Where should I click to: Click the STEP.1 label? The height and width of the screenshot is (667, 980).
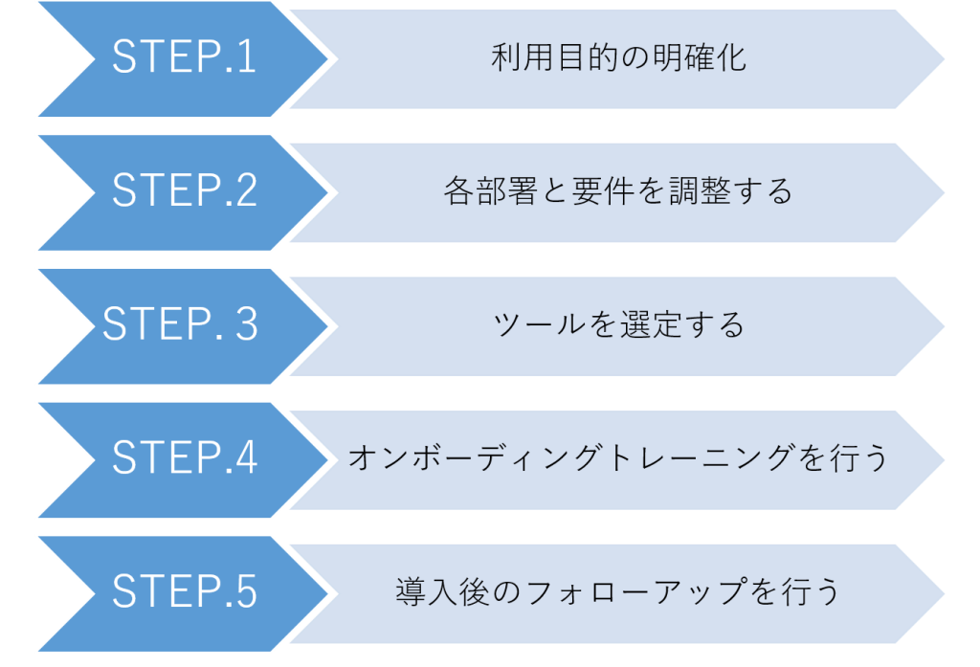[185, 58]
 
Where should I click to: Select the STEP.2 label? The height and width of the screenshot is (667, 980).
[185, 191]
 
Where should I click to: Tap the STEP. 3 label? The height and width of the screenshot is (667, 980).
[181, 325]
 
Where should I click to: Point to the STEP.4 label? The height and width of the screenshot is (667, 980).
[185, 458]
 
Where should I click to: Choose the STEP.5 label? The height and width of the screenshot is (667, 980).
[185, 592]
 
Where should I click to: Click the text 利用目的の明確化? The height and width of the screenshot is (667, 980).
[618, 58]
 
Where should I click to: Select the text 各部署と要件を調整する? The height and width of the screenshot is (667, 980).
[618, 191]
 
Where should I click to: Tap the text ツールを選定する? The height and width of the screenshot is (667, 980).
[618, 325]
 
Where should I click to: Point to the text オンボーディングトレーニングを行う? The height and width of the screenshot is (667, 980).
[618, 458]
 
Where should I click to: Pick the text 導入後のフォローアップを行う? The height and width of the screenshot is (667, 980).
[618, 592]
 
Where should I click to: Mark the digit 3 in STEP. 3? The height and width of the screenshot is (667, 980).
[246, 325]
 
